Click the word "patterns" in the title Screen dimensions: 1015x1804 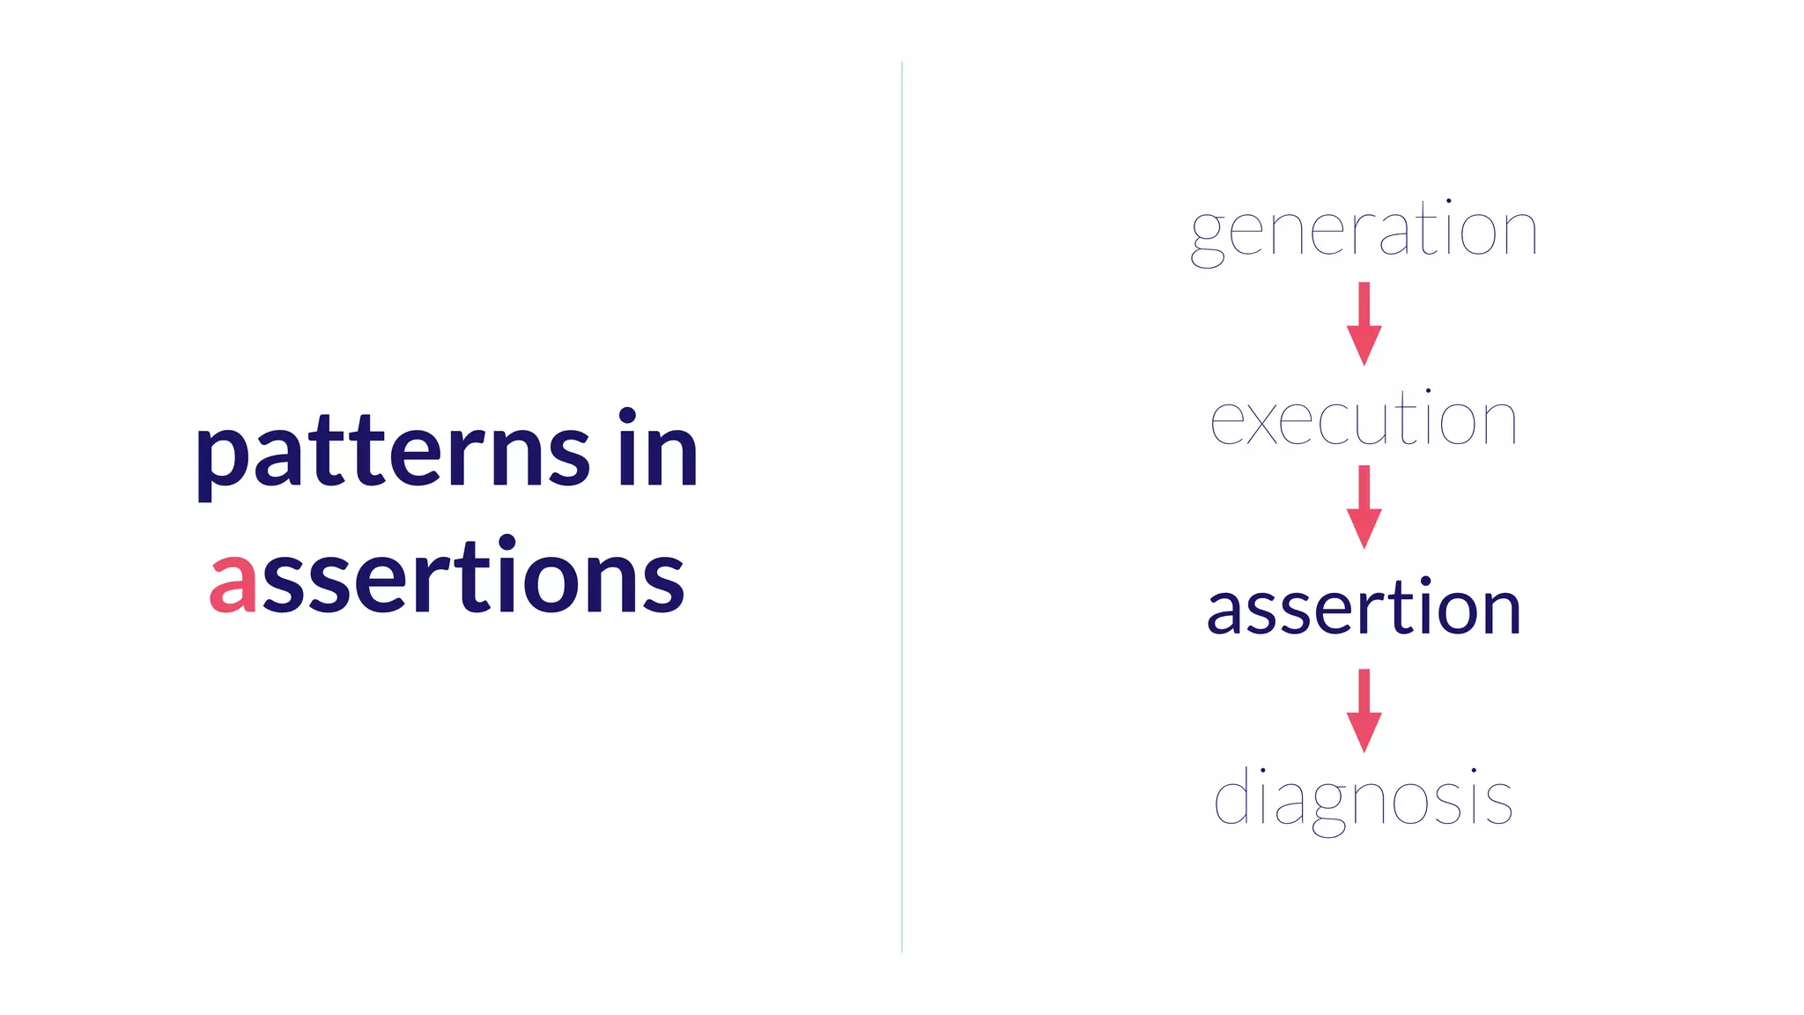click(x=392, y=454)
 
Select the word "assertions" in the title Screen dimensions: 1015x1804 click(x=447, y=577)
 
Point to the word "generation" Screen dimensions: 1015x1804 click(x=1364, y=231)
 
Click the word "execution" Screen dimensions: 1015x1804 click(x=1364, y=420)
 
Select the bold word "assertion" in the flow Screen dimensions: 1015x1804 click(x=1364, y=608)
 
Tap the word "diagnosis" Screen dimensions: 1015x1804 click(x=1364, y=798)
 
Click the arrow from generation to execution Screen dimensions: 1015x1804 click(x=1364, y=322)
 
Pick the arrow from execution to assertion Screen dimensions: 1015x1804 click(x=1364, y=507)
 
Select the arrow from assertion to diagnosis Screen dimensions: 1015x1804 click(x=1364, y=710)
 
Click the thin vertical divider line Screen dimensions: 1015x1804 click(x=902, y=507)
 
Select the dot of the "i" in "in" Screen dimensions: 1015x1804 click(x=627, y=416)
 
